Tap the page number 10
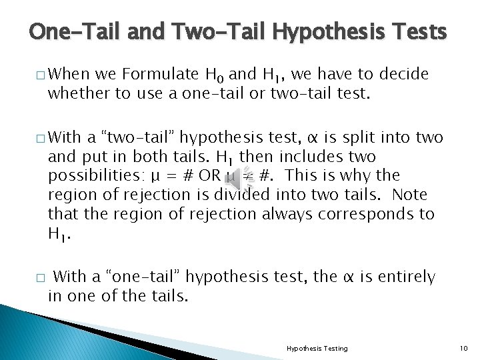(465, 348)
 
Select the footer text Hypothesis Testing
(317, 348)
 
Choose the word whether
(76, 93)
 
